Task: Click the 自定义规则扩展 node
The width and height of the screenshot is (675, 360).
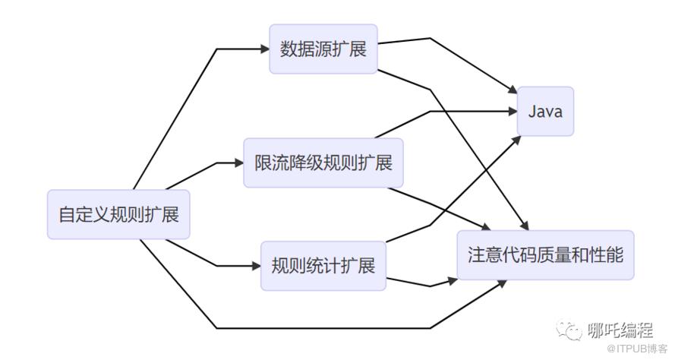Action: (x=118, y=214)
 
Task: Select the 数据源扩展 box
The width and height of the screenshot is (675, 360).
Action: (x=323, y=49)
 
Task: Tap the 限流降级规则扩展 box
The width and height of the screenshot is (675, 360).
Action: (x=323, y=163)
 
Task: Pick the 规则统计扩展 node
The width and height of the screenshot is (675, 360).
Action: (x=323, y=266)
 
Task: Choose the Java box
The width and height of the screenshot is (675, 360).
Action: (x=545, y=112)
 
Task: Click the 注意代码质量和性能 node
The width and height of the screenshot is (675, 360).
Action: (x=545, y=255)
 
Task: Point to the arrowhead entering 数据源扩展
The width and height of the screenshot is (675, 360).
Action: (x=265, y=49)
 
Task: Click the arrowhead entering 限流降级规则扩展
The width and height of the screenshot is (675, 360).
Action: (x=238, y=163)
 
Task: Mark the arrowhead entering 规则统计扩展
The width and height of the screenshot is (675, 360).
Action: (x=256, y=266)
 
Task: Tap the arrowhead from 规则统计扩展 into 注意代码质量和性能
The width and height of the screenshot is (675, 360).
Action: (x=453, y=280)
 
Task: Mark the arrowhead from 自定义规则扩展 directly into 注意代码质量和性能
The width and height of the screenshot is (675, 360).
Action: (x=505, y=283)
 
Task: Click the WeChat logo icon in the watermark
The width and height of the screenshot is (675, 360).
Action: (x=569, y=329)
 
